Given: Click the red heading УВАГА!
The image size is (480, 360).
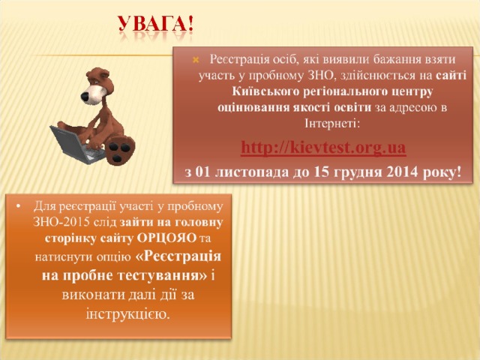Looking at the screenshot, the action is [156, 24].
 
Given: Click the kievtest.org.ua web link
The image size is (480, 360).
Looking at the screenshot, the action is [323, 147].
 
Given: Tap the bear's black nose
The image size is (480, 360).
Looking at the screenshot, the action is [85, 97].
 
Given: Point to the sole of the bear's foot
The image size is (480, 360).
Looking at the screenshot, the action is [120, 151].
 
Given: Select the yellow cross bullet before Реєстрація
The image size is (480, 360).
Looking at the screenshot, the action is [196, 60].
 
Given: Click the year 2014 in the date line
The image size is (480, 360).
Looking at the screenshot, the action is [402, 172].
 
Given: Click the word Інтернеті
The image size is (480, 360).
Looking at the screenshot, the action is [331, 123].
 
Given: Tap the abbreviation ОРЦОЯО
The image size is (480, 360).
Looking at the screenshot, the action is [166, 238].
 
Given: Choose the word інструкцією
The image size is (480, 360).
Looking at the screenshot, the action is [128, 314].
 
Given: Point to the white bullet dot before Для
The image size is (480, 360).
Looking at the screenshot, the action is [18, 207].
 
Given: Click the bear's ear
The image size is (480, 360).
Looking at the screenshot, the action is [103, 73].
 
